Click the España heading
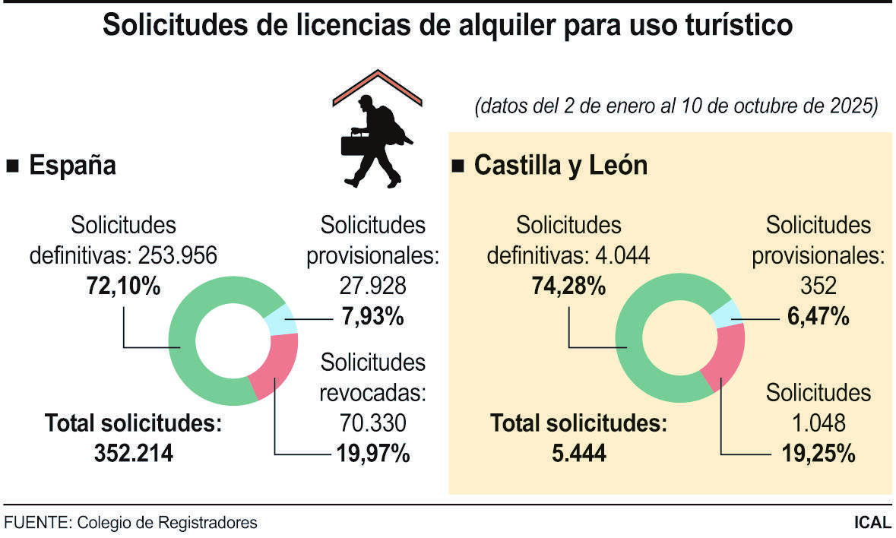coord(72,165)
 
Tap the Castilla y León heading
coord(560,165)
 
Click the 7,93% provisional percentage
coord(372,316)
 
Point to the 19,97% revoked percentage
coord(372,454)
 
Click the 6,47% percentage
coord(817,316)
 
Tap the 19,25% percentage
coord(818,454)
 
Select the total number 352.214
coord(134,454)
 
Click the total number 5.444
coord(579,454)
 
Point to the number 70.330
coord(372,422)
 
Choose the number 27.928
coord(372,286)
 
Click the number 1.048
coord(818,422)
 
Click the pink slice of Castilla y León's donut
coord(722,365)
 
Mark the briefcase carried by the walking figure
coord(352,142)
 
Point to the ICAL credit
coord(872,523)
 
